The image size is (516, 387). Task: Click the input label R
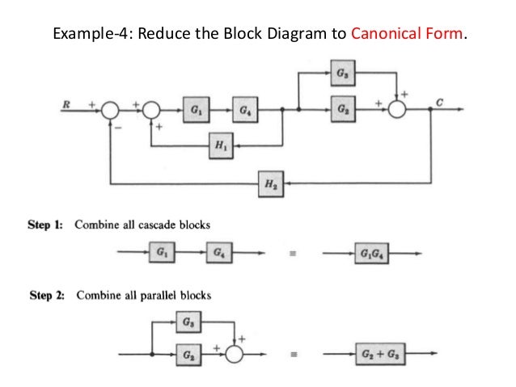tap(67, 103)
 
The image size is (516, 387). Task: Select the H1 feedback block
tap(218, 145)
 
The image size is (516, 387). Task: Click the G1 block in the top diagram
tap(195, 109)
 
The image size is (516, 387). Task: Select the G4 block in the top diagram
tap(243, 109)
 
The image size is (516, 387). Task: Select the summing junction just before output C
tap(398, 109)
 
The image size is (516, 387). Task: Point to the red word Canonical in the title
tap(379, 35)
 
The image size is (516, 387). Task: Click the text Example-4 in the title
tap(87, 35)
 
